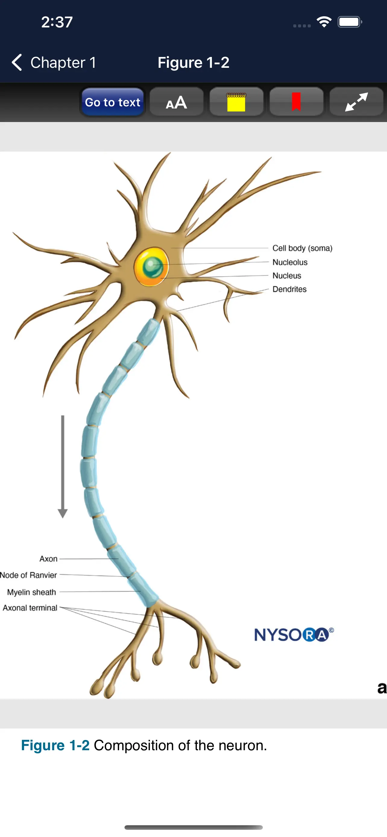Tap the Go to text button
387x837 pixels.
coord(112,102)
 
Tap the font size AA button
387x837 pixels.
coord(176,102)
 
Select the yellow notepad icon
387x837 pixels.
coord(236,102)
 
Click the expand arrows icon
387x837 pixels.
coord(357,102)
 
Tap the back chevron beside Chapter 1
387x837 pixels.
coord(17,62)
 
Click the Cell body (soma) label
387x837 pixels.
coord(302,248)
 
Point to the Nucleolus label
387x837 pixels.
coord(290,262)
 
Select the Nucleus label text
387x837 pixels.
coord(287,275)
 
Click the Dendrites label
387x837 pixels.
coord(289,289)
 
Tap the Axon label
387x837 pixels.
coord(49,559)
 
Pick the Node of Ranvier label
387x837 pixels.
coord(28,575)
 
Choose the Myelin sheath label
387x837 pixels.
coord(32,592)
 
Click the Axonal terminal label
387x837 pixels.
coord(30,608)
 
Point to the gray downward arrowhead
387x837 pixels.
coord(63,513)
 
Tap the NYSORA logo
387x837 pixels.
coord(294,635)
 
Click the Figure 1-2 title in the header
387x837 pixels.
coord(193,62)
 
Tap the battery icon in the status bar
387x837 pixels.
coord(350,22)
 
